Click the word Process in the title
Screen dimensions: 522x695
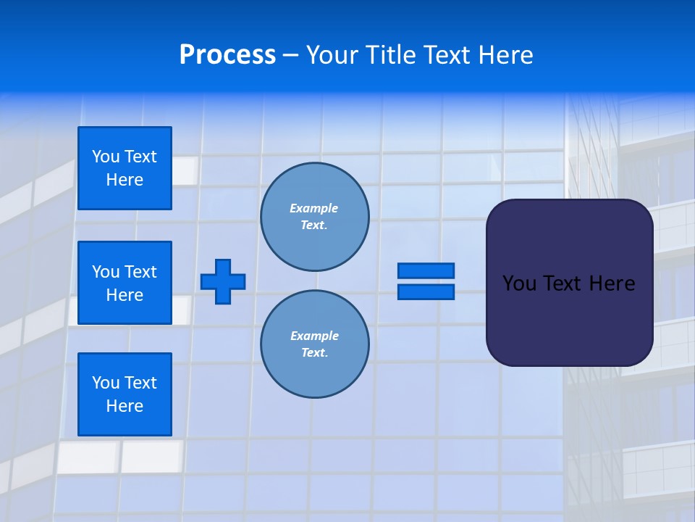227,55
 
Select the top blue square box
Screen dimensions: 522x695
125,168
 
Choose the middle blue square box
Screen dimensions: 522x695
125,283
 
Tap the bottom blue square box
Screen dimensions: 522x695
125,394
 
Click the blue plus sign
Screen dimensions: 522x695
223,281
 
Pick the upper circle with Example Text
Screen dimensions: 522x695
315,217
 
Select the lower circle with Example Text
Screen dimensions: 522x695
315,344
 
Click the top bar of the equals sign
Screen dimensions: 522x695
426,270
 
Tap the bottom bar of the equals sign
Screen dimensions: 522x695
426,292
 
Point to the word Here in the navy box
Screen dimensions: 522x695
612,283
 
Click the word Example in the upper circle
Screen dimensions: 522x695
314,208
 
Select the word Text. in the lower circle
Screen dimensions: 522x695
314,353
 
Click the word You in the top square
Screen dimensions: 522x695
105,157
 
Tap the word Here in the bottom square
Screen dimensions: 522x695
125,406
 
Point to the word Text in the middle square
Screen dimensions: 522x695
140,272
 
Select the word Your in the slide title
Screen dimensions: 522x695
332,55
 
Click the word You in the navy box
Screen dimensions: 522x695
519,283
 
